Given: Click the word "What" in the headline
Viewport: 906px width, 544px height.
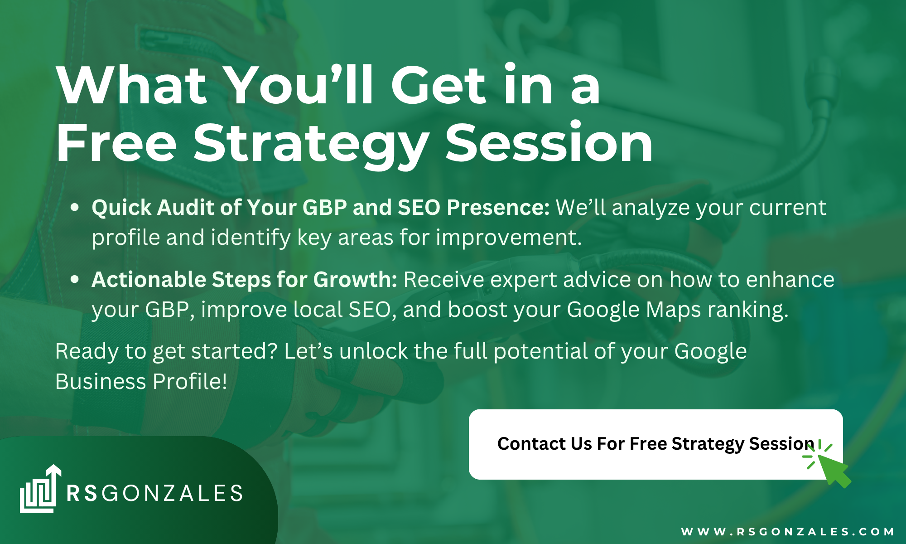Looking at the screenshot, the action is click(132, 85).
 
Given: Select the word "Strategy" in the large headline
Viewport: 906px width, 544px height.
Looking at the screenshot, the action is click(311, 146).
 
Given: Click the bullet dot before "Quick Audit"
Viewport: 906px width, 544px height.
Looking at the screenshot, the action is click(75, 208).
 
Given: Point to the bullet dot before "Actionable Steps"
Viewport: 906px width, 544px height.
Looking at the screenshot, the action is click(75, 280).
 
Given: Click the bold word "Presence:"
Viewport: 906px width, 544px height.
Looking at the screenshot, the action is click(498, 208).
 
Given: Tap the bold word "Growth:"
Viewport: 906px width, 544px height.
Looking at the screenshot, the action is click(355, 280).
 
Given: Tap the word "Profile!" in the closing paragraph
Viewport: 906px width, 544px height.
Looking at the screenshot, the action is click(190, 381).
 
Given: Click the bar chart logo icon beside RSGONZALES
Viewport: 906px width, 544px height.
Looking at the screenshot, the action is click(40, 489).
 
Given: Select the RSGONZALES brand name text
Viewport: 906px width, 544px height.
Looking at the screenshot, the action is click(154, 493).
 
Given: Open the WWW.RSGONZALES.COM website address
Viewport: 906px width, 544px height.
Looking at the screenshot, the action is click(787, 531).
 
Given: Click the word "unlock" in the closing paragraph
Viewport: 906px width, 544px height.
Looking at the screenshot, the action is click(374, 351).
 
